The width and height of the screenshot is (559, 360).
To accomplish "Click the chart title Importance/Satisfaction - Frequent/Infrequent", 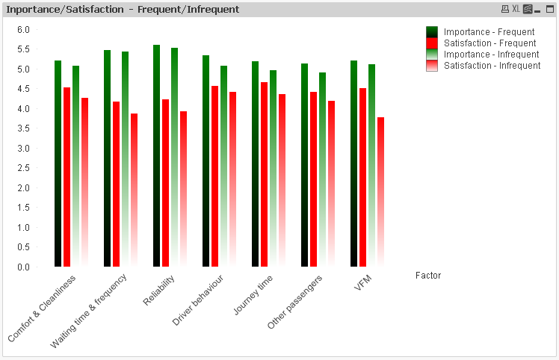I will [123, 10].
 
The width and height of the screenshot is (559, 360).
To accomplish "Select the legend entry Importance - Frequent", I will [489, 32].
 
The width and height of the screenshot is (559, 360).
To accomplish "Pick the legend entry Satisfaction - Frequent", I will [489, 43].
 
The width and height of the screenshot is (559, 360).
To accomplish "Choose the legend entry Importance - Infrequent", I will [491, 55].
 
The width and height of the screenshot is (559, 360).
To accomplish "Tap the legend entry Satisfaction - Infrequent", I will [492, 66].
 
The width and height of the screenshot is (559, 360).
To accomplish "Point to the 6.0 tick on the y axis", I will [23, 30].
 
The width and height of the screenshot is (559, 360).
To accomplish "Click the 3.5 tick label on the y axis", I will [23, 128].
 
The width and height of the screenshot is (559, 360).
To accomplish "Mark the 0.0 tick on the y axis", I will [23, 267].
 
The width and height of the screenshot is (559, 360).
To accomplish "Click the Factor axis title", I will [428, 276].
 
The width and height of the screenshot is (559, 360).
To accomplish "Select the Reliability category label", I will [160, 290].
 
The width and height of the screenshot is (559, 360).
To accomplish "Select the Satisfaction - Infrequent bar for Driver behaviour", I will [232, 179].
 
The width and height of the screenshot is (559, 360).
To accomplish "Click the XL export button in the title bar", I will [516, 9].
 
